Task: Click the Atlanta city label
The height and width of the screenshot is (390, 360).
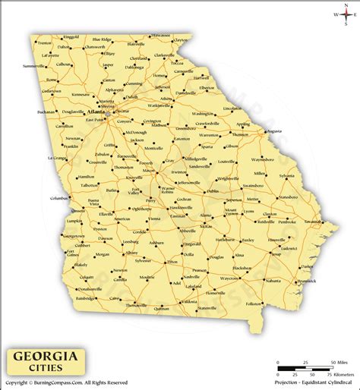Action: [98, 111]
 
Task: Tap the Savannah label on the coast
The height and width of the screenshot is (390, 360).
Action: [313, 221]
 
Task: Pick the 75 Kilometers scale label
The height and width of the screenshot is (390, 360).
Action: [338, 375]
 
